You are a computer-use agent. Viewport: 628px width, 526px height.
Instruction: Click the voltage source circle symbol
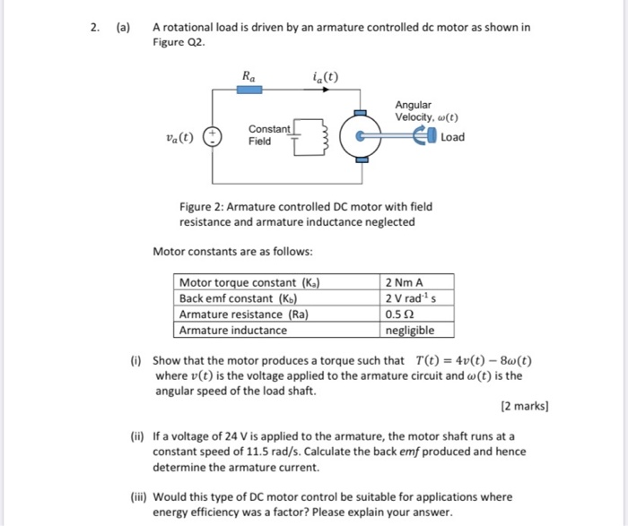(212, 138)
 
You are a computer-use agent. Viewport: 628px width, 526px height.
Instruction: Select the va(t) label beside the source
(179, 137)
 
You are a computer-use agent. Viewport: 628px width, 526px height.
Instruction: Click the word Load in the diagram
(452, 137)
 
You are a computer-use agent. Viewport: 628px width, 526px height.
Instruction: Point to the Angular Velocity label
(426, 111)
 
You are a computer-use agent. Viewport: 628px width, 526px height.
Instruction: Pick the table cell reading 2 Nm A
(403, 282)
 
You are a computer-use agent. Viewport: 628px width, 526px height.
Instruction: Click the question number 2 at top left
(94, 28)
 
